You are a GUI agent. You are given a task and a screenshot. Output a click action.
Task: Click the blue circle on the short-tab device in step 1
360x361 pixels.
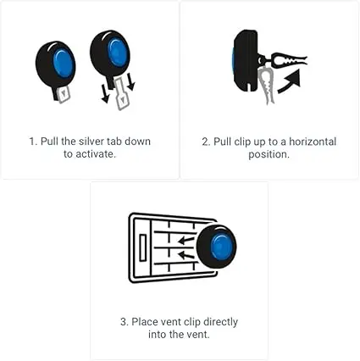pos(64,63)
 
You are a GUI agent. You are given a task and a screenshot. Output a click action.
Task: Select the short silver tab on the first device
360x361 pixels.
pos(64,95)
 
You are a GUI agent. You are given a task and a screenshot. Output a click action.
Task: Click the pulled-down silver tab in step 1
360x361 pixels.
pos(121,94)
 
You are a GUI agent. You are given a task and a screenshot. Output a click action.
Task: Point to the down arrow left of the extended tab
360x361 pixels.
pos(105,93)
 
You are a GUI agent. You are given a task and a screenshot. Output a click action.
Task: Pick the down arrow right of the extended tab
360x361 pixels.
pos(130,82)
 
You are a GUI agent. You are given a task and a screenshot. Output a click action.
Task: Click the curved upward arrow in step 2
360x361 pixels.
pos(289,81)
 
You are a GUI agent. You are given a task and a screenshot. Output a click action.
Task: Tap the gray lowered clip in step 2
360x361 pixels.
pos(267,86)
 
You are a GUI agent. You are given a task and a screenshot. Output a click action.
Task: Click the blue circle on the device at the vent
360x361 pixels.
pos(221,247)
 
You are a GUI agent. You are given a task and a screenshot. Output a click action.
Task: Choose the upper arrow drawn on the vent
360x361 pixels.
pos(186,241)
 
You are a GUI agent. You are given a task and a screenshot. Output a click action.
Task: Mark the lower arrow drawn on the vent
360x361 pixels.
pos(186,255)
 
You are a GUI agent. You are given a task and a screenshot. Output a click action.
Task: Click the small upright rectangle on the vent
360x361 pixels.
pos(143,247)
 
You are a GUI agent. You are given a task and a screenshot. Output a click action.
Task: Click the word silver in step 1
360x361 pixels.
pos(91,142)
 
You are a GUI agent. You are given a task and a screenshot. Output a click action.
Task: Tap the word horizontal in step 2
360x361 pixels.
pos(313,142)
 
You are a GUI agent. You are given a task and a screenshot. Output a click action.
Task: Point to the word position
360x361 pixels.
pos(268,155)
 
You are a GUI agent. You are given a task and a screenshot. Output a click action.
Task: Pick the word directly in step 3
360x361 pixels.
pos(220,322)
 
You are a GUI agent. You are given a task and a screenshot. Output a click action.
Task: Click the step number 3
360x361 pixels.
pos(123,322)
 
